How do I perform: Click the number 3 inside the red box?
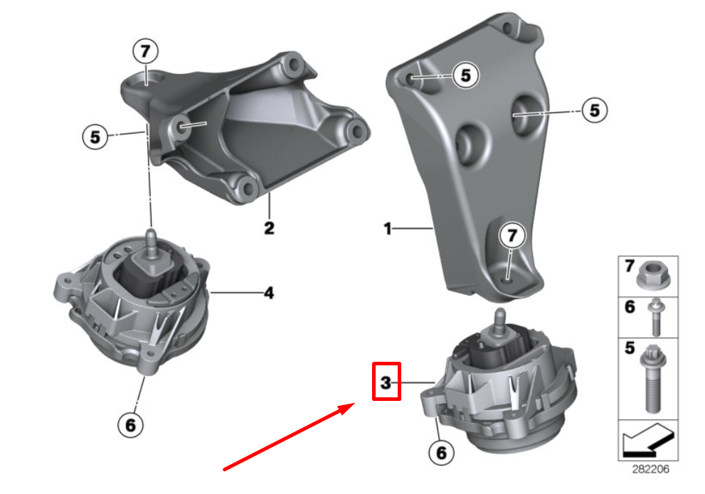pyautogui.click(x=386, y=382)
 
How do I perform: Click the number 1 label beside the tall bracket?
pyautogui.click(x=388, y=229)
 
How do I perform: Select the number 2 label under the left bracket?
pyautogui.click(x=269, y=228)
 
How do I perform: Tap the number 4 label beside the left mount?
pyautogui.click(x=269, y=294)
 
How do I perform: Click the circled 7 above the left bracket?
pyautogui.click(x=145, y=51)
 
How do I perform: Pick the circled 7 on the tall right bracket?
pyautogui.click(x=512, y=235)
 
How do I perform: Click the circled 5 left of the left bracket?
pyautogui.click(x=95, y=137)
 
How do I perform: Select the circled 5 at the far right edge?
pyautogui.click(x=595, y=110)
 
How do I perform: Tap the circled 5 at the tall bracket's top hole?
pyautogui.click(x=465, y=75)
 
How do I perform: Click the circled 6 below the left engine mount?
pyautogui.click(x=130, y=425)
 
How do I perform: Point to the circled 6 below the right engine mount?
pyautogui.click(x=441, y=453)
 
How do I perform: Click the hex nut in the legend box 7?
pyautogui.click(x=654, y=275)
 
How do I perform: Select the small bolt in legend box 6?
pyautogui.click(x=654, y=318)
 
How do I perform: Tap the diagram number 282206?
pyautogui.click(x=651, y=469)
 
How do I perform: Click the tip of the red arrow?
pyautogui.click(x=354, y=403)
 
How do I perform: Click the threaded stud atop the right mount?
pyautogui.click(x=499, y=321)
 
